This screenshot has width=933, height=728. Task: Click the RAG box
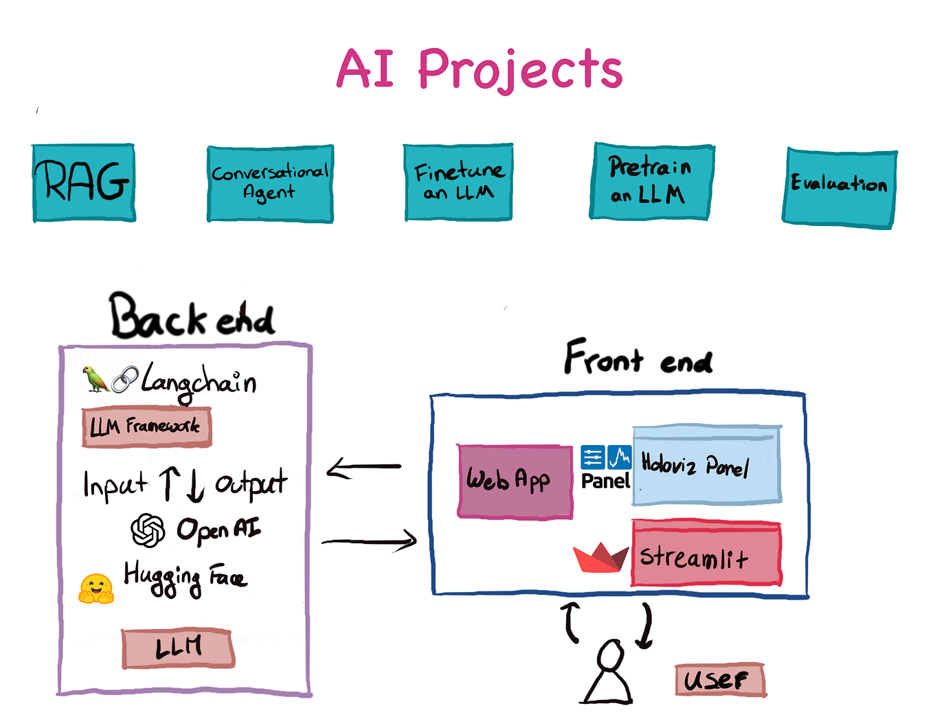[x=84, y=183]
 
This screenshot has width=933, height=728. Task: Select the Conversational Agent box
[x=270, y=183]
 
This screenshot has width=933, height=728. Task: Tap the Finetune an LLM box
[x=458, y=182]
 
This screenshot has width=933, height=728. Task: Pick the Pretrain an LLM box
[x=651, y=181]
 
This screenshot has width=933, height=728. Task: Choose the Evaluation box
[x=840, y=187]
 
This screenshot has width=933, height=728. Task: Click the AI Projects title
[x=480, y=69]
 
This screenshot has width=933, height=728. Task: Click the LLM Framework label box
[x=146, y=427]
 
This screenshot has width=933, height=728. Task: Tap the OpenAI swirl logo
[x=148, y=530]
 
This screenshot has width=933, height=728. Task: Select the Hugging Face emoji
[x=95, y=589]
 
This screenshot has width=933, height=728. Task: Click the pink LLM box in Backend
[x=178, y=648]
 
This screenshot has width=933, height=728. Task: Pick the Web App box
[x=515, y=481]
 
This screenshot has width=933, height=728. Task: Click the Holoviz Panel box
[x=706, y=466]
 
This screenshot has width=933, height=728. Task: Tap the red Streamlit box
[x=706, y=555]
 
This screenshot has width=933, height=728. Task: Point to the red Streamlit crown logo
[x=600, y=558]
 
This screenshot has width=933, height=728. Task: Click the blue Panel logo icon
[x=606, y=457]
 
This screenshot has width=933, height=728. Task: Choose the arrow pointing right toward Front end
[x=370, y=541]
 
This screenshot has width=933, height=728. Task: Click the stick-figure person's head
[x=611, y=655]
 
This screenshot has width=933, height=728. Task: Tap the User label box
[x=719, y=680]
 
